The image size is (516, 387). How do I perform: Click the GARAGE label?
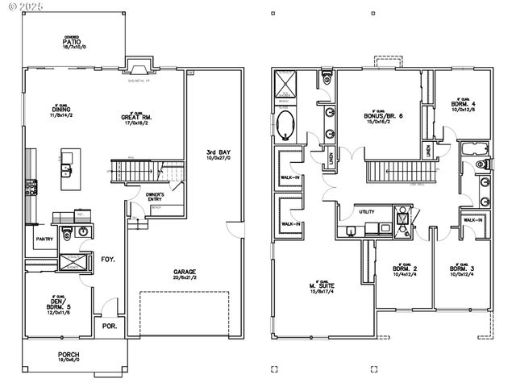click(185, 273)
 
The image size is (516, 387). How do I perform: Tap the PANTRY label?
click(44, 239)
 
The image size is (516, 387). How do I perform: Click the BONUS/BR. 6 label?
click(378, 116)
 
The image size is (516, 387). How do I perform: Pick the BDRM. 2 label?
click(402, 268)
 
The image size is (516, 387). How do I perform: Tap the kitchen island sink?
click(64, 170)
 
